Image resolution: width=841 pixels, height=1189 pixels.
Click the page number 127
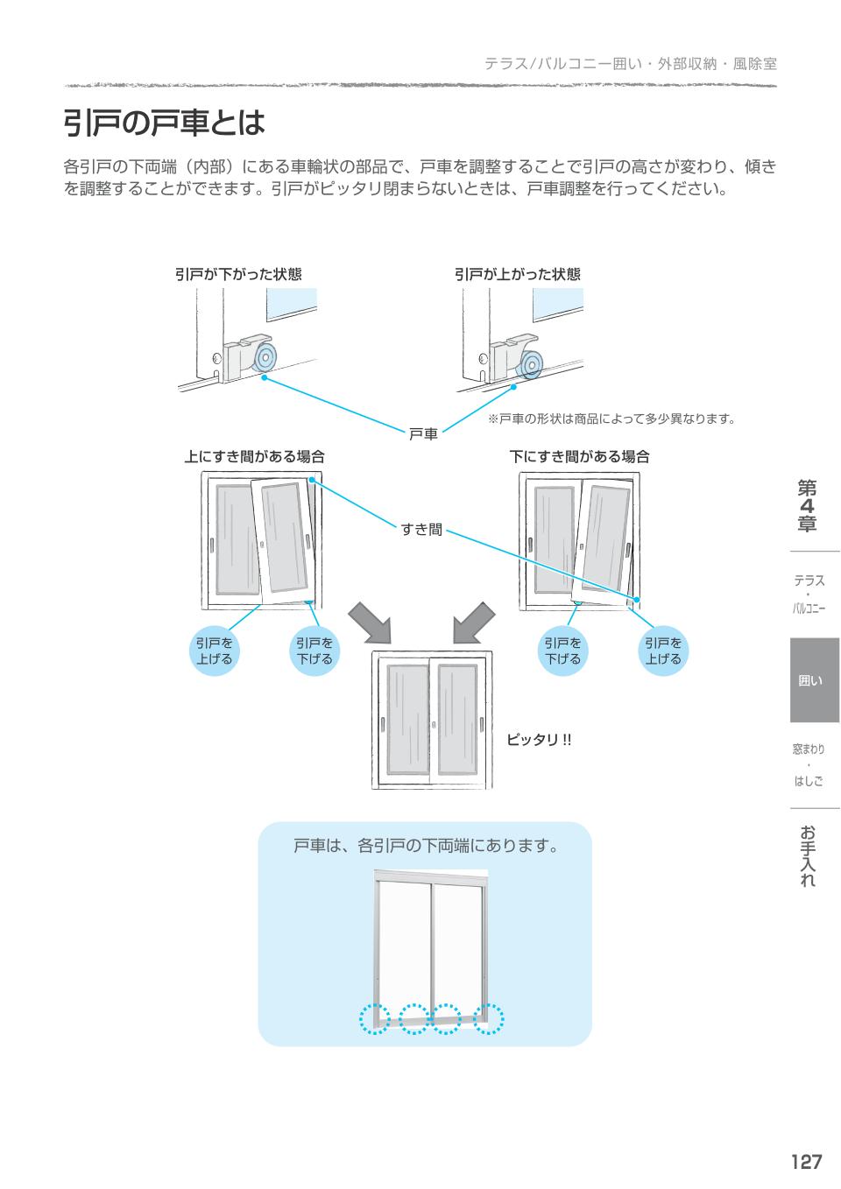click(806, 1161)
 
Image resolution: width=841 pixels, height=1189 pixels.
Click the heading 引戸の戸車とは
click(164, 123)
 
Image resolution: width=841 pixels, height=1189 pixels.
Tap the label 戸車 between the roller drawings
click(423, 433)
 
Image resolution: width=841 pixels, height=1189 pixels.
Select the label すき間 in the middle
click(421, 530)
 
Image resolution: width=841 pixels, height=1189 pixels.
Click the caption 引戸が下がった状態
click(238, 274)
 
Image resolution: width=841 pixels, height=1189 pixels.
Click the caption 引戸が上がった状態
click(517, 274)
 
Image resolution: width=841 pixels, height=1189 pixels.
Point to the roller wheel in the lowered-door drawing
click(264, 358)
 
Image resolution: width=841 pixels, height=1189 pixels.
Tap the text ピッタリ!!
click(539, 740)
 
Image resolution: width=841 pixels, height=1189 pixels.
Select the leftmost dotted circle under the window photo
click(375, 1018)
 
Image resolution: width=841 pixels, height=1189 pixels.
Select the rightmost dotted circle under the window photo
click(489, 1018)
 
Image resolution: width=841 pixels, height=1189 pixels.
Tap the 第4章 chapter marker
click(807, 506)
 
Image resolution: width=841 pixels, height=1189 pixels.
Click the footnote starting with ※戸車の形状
click(611, 419)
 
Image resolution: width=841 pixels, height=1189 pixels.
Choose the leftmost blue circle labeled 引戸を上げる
click(215, 651)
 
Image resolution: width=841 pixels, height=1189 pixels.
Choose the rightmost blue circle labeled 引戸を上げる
click(663, 651)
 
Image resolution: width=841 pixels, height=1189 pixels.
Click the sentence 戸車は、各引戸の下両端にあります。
click(425, 846)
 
